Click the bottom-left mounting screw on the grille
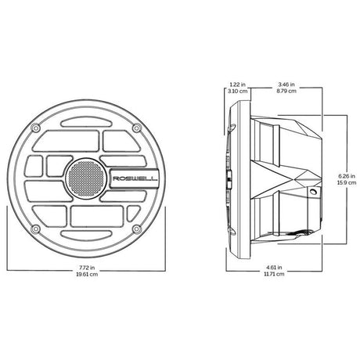[36, 229]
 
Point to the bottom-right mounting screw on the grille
[135, 229]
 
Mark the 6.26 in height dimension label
[342, 177]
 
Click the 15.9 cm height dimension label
[342, 185]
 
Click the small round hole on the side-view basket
[313, 192]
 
